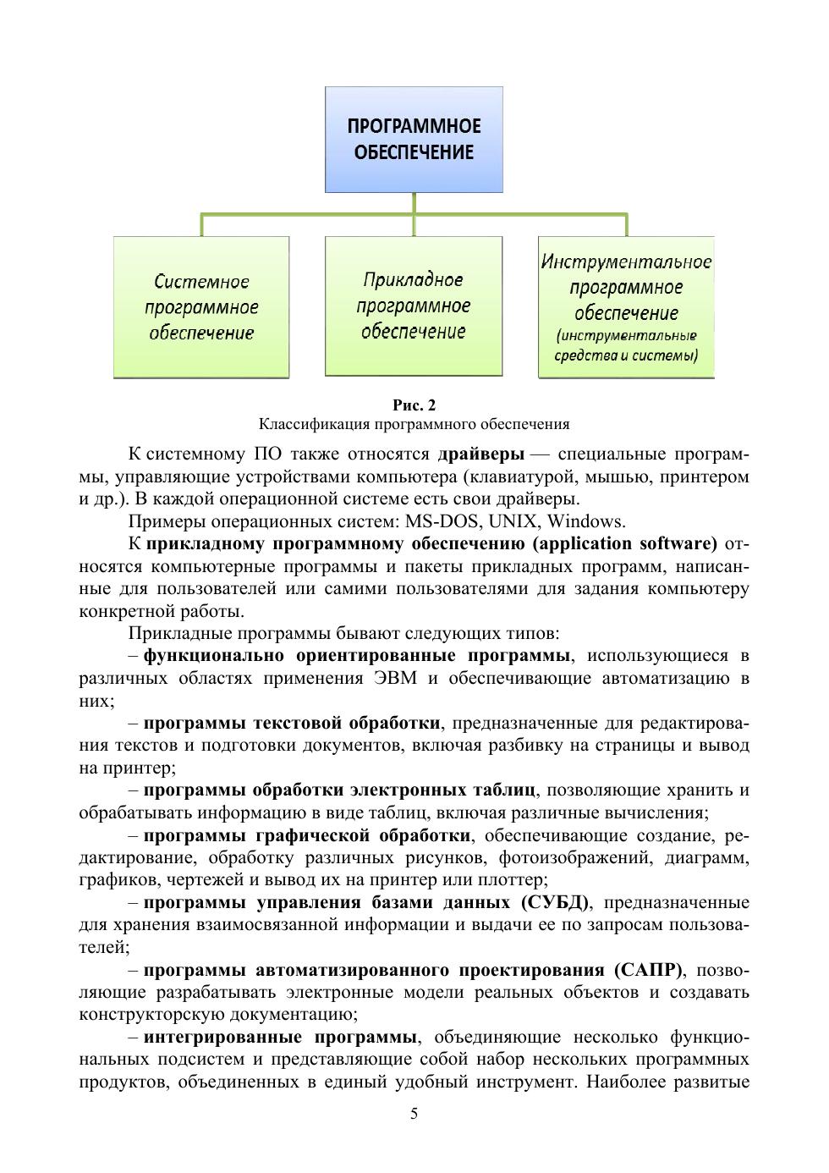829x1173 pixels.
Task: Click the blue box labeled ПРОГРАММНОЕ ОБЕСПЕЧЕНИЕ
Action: point(414,140)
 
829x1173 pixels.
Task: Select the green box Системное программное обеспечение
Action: point(201,307)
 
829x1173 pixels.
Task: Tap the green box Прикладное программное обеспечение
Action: point(414,306)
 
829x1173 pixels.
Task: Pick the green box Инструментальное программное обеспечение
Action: point(626,307)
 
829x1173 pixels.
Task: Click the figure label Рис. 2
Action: point(414,405)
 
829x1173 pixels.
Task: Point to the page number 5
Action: point(414,1114)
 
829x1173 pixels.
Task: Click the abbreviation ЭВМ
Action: point(397,678)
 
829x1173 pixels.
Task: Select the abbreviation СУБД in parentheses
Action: point(557,902)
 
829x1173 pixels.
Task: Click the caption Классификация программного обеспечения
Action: point(414,424)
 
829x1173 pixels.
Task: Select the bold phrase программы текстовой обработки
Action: point(292,723)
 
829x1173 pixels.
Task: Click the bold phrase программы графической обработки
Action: point(307,836)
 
